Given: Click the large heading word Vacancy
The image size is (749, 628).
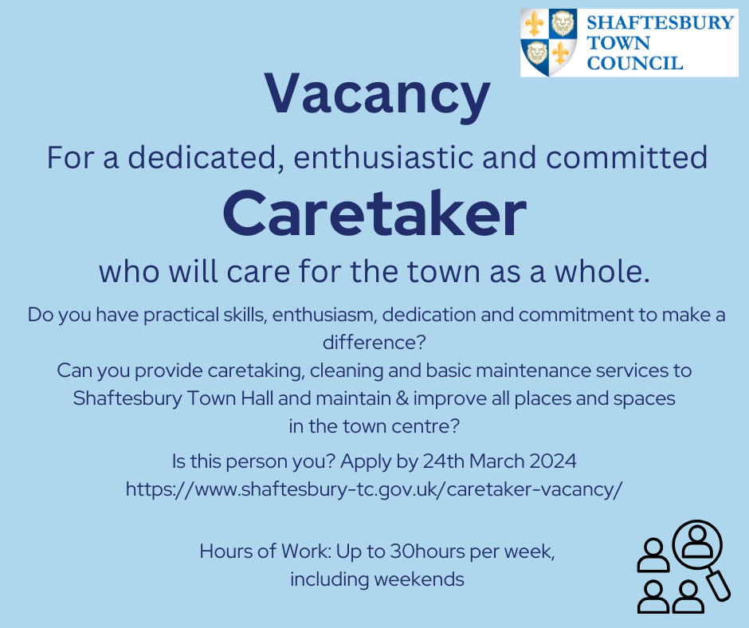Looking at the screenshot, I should coord(374,94).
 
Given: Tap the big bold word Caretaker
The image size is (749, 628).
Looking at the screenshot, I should coord(374,215).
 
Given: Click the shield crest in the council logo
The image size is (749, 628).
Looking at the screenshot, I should coord(550,43).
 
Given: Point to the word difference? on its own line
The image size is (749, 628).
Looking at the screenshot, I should coord(374,342).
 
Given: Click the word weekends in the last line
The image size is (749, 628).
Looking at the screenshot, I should coord(423,579).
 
